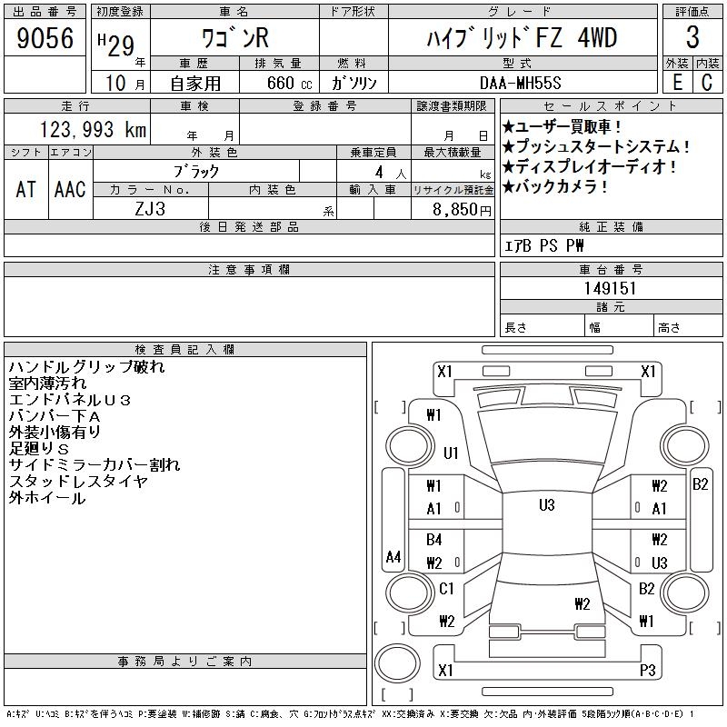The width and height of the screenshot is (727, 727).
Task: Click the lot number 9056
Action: click(x=45, y=37)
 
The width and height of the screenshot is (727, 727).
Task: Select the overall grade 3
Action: click(x=692, y=37)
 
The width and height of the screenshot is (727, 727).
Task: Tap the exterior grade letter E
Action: click(x=677, y=83)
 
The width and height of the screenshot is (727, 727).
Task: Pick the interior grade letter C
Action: click(x=707, y=83)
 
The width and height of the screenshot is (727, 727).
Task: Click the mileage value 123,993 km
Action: click(x=93, y=130)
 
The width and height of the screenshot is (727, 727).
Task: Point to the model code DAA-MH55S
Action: click(x=520, y=83)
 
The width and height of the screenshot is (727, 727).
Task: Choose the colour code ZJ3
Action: click(x=150, y=209)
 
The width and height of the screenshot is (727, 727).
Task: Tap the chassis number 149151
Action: click(x=610, y=288)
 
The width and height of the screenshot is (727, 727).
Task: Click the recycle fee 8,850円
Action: click(x=462, y=210)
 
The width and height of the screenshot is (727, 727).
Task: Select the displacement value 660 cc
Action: click(x=289, y=83)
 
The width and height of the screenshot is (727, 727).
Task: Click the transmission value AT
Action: click(x=25, y=189)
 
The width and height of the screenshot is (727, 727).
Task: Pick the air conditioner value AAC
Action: click(x=70, y=189)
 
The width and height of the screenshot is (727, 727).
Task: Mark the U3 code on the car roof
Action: click(x=547, y=504)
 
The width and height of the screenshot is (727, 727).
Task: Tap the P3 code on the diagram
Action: click(x=647, y=670)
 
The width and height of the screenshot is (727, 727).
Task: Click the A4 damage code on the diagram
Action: click(x=393, y=556)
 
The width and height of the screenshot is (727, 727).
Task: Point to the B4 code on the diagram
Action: click(x=434, y=539)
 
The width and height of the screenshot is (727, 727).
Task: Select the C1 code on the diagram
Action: click(x=446, y=589)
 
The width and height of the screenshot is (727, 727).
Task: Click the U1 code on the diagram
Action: click(x=451, y=453)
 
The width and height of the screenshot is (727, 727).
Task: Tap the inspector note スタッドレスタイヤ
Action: click(x=78, y=482)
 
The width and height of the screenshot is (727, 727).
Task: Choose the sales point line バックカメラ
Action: click(x=555, y=187)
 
